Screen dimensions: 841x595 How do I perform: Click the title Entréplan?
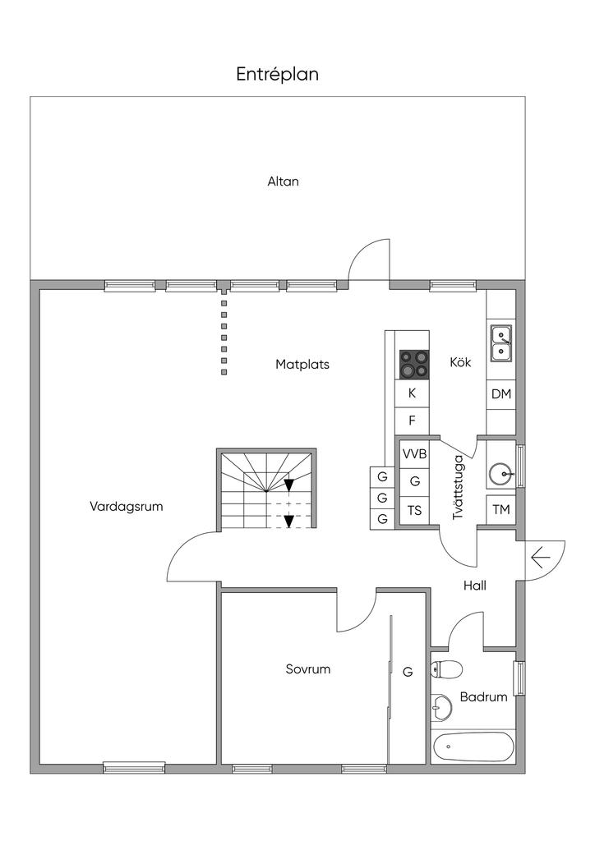pos(278,75)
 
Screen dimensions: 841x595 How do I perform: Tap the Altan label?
pos(283,182)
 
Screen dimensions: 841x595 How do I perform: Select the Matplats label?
pos(302,364)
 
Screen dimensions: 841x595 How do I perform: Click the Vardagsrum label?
pos(127,507)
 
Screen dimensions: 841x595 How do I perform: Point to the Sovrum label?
pos(308,669)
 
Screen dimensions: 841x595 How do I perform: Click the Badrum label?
pos(483,696)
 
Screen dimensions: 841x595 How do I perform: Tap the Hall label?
pos(474,586)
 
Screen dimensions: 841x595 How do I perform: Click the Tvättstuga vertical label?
pos(459,486)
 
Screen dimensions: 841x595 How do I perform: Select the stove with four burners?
pos(413,365)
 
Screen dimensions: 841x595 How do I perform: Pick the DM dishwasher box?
pos(501,394)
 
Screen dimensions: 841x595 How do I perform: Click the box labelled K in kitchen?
pos(413,393)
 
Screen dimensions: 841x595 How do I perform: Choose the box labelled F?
pos(413,420)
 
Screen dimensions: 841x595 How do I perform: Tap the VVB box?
pos(414,454)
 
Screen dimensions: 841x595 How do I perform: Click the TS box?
pos(414,510)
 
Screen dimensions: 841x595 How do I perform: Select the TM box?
pos(501,510)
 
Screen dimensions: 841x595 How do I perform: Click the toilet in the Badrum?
pos(446,669)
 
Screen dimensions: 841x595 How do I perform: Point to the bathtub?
pos(473,747)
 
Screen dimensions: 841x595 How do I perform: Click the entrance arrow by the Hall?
pos(540,558)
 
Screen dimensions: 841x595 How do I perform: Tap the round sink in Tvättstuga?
pos(500,474)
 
